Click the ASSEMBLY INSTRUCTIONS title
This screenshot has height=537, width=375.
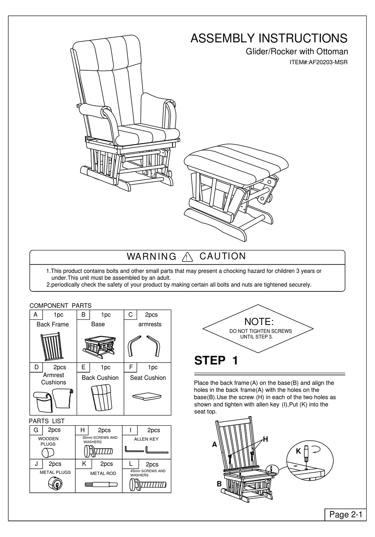pos(269,38)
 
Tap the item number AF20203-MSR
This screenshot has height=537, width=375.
pos(319,62)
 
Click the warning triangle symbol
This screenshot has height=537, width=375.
pos(186,257)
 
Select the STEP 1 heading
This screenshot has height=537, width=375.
pos(216,361)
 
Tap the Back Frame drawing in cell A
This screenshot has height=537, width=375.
pos(52,346)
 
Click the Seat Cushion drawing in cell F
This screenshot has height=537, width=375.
pos(147,396)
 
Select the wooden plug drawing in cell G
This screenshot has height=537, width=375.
pos(48,453)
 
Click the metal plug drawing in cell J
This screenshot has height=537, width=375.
pos(54,484)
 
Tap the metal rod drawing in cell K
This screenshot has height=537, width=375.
pos(99,484)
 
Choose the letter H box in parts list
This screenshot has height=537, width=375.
pos(82,430)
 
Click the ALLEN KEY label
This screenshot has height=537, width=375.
pos(146,439)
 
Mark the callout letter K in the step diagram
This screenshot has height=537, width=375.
pos(298,451)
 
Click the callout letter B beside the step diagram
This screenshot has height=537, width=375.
pos(219,483)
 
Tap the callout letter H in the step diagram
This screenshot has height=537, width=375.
pos(265,439)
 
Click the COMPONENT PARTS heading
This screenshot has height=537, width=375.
pos(60,305)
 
